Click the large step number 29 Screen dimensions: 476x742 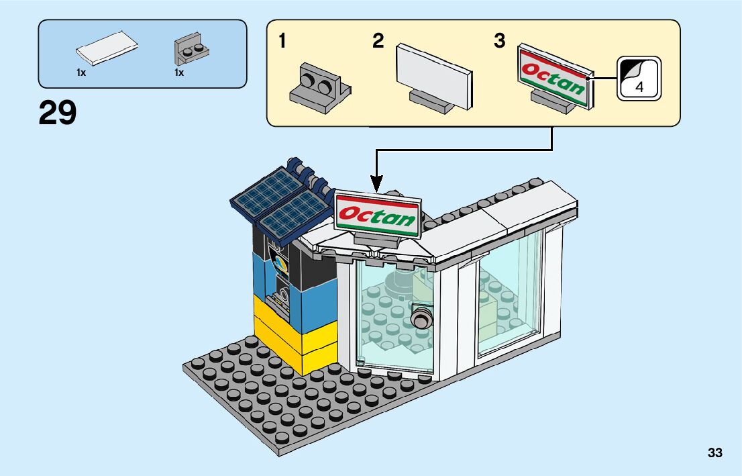[x=58, y=113]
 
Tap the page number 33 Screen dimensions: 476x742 [x=714, y=453]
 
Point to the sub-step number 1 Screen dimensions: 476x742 [x=282, y=42]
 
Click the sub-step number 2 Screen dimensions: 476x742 [x=378, y=42]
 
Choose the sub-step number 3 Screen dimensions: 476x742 [x=499, y=42]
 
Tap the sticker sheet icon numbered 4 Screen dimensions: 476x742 [x=639, y=78]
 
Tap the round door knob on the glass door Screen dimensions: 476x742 [x=421, y=318]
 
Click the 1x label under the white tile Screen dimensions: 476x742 [x=81, y=73]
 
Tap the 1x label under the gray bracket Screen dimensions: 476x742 [x=179, y=73]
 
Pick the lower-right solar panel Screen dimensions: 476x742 [x=293, y=214]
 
